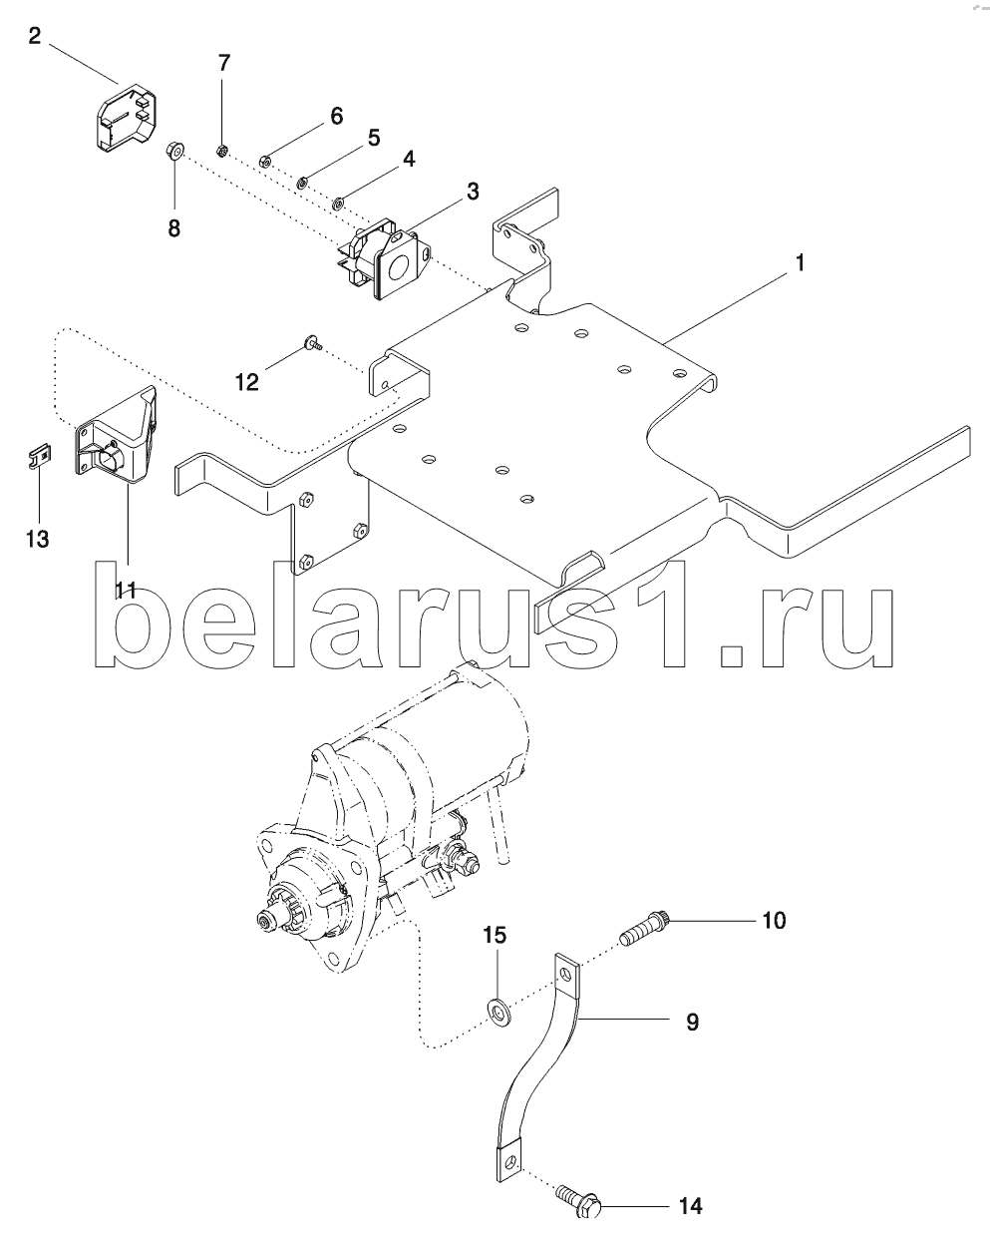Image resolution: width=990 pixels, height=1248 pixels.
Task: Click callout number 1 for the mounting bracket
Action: (x=800, y=263)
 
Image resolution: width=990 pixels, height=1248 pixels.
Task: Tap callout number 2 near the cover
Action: (x=35, y=37)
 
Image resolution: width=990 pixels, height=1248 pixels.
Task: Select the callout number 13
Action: (x=38, y=539)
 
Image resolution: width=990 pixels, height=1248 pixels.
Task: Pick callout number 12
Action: (x=247, y=382)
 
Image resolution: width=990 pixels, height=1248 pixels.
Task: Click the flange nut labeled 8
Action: (x=173, y=153)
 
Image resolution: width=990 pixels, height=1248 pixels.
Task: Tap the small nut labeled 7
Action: (x=221, y=152)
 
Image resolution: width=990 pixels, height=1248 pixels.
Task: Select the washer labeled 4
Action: (x=338, y=204)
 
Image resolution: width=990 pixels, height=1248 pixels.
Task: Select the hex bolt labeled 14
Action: (x=579, y=1200)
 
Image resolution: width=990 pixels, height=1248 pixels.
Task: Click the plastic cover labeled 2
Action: (x=127, y=119)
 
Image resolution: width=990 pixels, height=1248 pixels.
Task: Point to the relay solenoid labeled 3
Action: (x=386, y=259)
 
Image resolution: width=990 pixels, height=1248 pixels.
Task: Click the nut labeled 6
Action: (x=264, y=161)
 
